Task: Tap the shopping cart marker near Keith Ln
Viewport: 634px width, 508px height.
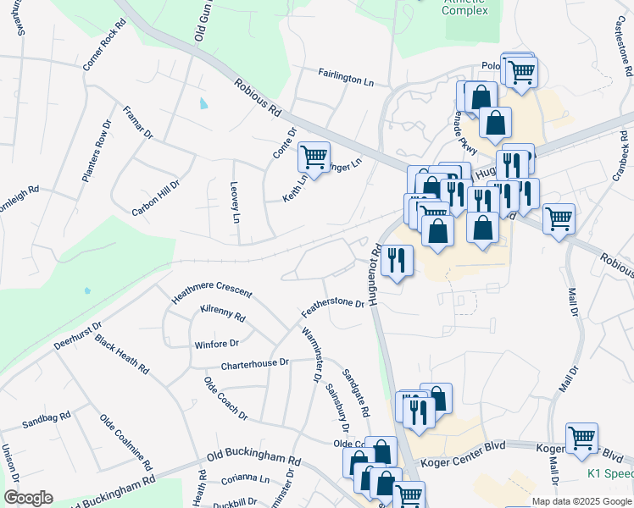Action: pos(314,157)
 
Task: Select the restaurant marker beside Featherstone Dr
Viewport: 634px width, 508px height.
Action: pos(398,262)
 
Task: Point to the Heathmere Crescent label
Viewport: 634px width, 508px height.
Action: pos(211,290)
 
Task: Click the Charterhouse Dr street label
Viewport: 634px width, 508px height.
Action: pos(254,365)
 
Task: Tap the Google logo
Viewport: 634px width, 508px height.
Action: pos(28,498)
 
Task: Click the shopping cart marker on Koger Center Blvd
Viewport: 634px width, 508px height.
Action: pos(581,439)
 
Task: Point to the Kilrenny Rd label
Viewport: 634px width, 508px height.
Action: pos(222,314)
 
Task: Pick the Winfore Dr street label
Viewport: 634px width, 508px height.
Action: pos(217,344)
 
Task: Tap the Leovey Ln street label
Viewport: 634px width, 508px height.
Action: pos(235,202)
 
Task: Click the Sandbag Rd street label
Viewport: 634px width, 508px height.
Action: pos(47,421)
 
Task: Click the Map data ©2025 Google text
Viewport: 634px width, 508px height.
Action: pos(581,501)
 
